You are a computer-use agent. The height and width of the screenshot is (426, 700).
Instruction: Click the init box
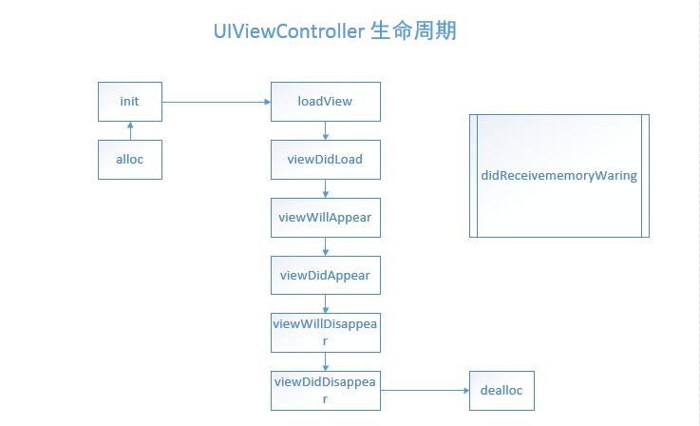[130, 102]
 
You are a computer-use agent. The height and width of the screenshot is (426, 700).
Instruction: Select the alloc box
[130, 160]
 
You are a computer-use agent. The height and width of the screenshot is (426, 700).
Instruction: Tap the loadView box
[326, 102]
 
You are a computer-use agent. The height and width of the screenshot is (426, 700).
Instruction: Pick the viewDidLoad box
[326, 160]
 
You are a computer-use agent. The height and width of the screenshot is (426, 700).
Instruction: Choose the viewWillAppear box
[326, 218]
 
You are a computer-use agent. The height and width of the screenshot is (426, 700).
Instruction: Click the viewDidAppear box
[326, 276]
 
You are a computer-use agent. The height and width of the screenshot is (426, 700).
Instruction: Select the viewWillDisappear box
[326, 333]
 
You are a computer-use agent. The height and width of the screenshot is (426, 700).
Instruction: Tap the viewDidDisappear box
[326, 391]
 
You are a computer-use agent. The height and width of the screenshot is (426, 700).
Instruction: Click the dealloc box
[501, 391]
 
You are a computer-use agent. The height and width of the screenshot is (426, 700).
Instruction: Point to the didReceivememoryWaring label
[558, 176]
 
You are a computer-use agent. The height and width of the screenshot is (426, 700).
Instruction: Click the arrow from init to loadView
[217, 102]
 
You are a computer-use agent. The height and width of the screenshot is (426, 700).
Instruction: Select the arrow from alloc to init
[130, 131]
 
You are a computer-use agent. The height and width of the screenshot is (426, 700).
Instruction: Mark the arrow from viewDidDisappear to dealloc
[425, 390]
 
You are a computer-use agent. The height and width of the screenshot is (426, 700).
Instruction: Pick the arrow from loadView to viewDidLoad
[326, 131]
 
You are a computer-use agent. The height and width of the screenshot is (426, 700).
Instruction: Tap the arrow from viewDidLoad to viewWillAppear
[326, 188]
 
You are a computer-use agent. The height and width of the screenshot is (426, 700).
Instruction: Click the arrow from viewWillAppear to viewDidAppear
[326, 246]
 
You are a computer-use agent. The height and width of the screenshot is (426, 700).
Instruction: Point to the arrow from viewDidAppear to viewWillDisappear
[326, 304]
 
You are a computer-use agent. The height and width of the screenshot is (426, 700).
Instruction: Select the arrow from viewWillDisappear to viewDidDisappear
[326, 362]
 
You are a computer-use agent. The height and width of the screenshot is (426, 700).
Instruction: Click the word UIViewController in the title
[290, 31]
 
